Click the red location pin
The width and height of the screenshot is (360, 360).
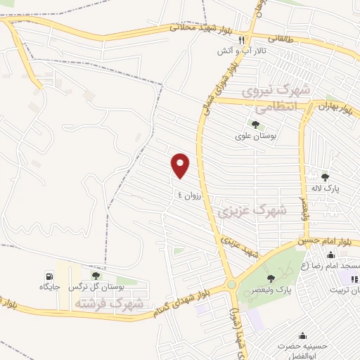point(181,166)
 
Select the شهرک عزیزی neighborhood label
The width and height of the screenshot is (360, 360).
point(252,210)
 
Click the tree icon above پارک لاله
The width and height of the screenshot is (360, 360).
point(325,177)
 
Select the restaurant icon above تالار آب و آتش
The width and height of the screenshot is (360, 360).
point(243,40)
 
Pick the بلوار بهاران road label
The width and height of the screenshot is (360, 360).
point(334,108)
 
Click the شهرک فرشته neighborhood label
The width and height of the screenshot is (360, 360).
point(117,304)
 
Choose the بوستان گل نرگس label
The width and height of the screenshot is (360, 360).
point(99,288)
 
